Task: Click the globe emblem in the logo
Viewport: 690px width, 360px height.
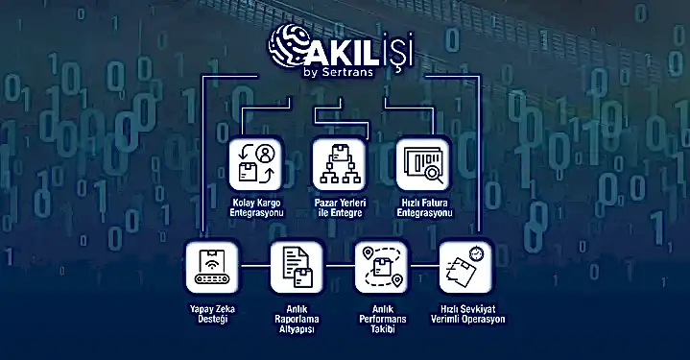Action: [x=288, y=47]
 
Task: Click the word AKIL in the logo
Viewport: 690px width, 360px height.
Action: [x=338, y=53]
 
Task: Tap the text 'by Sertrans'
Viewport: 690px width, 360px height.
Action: [x=338, y=72]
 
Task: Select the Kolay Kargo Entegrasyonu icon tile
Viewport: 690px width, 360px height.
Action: [x=255, y=164]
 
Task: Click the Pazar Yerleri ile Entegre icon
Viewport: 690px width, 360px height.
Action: [x=340, y=164]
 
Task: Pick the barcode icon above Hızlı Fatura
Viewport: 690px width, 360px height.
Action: [x=423, y=164]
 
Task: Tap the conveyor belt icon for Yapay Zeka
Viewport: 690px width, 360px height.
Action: [x=212, y=267]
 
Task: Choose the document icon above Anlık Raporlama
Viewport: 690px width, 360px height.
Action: [x=297, y=267]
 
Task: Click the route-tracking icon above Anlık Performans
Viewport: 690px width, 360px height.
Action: [x=382, y=267]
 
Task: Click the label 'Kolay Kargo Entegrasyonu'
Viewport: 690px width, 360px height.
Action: [x=257, y=207]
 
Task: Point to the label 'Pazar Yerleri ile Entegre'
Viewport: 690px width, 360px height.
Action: [x=340, y=207]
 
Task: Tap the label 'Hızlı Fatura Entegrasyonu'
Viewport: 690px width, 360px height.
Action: [x=424, y=207]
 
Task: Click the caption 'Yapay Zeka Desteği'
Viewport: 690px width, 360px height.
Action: [x=212, y=314]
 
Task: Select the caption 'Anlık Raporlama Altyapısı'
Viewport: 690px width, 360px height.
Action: [x=297, y=319]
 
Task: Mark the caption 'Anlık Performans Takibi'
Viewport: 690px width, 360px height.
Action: [x=383, y=319]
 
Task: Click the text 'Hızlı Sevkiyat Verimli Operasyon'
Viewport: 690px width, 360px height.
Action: [x=467, y=314]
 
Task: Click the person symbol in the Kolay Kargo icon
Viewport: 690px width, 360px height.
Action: [x=265, y=154]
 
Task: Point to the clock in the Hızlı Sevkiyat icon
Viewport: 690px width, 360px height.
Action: [x=476, y=253]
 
